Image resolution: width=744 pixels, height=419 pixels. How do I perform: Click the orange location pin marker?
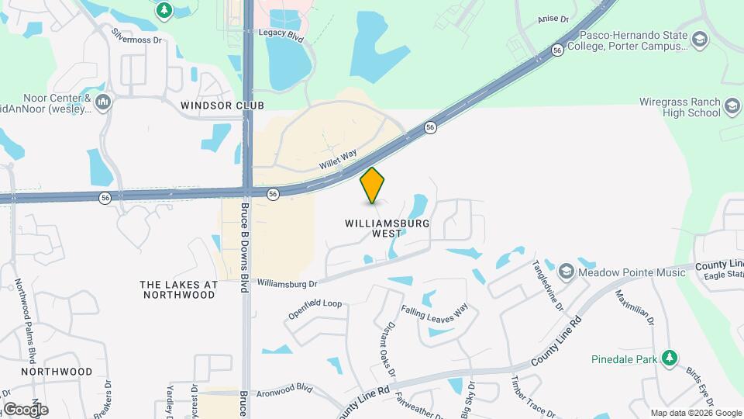[373, 185]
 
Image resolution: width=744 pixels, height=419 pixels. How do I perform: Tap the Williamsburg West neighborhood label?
[387, 228]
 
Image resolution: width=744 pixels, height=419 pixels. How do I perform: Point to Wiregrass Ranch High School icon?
[732, 106]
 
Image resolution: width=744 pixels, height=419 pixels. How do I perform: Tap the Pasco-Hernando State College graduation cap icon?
[700, 40]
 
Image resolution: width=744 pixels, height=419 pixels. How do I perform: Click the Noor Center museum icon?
[103, 102]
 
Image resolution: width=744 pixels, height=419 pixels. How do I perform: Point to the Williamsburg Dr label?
[288, 284]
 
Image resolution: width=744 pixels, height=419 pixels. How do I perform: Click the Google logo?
[25, 409]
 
